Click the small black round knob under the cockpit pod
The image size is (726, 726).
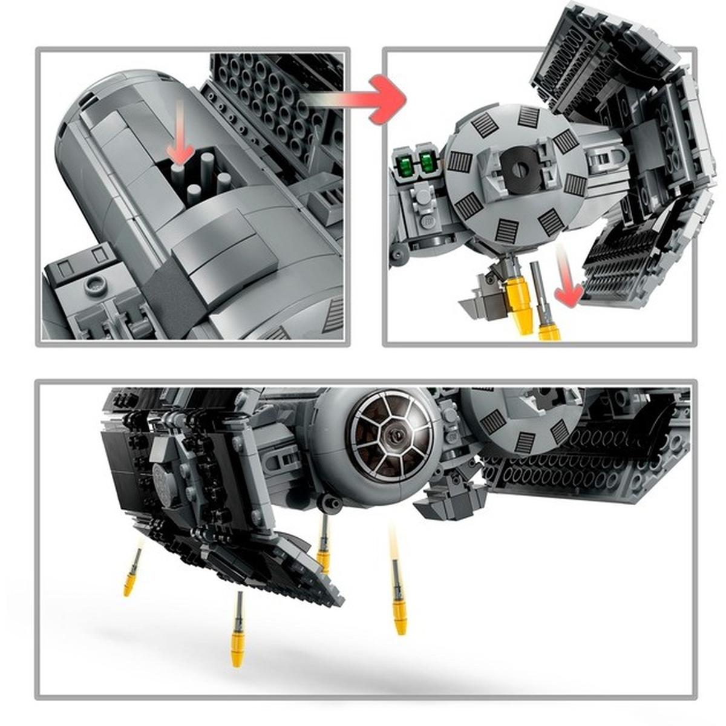pos(330,502)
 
